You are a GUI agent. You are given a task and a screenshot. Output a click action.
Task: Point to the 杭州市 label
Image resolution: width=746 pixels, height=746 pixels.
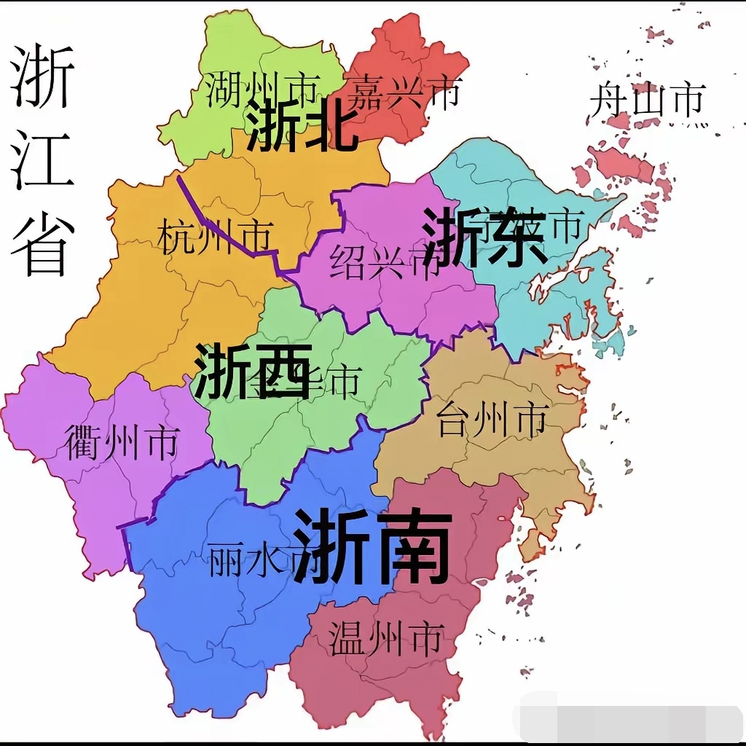tap(215, 238)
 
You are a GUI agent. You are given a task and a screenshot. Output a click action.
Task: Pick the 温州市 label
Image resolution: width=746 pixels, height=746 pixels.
tap(385, 639)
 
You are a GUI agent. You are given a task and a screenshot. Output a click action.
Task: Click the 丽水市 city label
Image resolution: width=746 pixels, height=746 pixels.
tap(251, 561)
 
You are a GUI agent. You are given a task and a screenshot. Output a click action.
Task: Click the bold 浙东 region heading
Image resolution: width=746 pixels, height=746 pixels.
tap(484, 237)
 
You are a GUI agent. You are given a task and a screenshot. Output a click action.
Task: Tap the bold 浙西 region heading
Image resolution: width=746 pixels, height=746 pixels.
tap(252, 372)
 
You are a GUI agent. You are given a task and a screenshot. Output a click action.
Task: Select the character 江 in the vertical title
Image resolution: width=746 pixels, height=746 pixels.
tap(42, 160)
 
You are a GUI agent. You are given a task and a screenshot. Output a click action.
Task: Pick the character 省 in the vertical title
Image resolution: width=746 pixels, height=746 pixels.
tap(42, 244)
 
